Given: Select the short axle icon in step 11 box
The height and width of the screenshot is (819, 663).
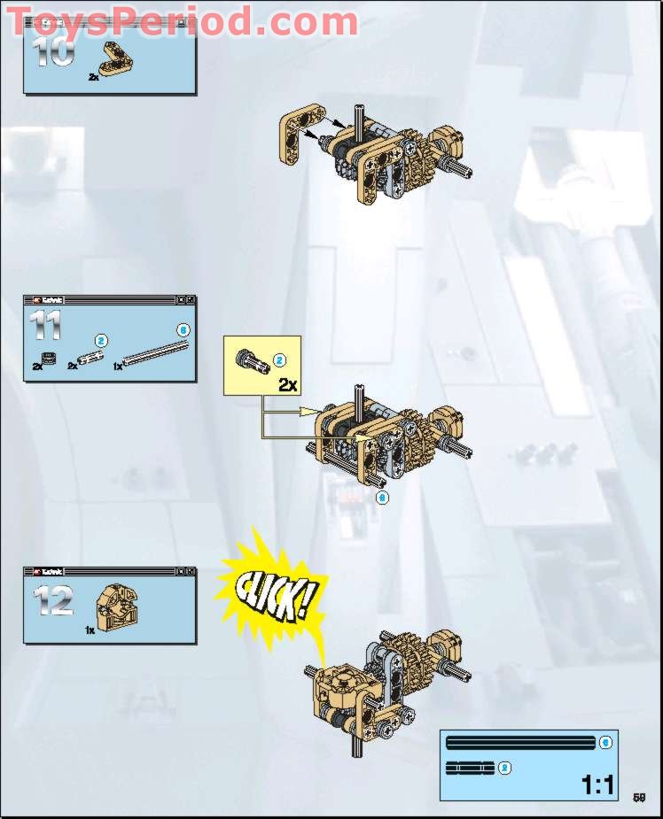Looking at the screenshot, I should pos(90,358).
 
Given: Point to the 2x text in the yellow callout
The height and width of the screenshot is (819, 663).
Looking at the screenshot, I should pos(287,384).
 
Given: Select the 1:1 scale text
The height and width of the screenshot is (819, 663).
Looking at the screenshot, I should pos(598,784).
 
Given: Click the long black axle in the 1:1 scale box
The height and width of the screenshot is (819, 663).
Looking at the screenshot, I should pos(521,742).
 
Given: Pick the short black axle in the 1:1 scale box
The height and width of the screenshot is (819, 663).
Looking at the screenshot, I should pos(470,768).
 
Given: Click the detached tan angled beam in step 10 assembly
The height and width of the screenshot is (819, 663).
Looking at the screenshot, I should pos(296,133).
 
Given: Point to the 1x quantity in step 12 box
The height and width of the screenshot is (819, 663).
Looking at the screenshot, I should pos(90,630).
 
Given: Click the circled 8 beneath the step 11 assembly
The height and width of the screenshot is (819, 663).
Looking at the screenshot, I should pos(382,498).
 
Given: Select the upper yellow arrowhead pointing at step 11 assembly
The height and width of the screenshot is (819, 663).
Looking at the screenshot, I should pos(310,411).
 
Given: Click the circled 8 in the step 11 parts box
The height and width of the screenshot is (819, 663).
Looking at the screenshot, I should pos(183,329).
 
